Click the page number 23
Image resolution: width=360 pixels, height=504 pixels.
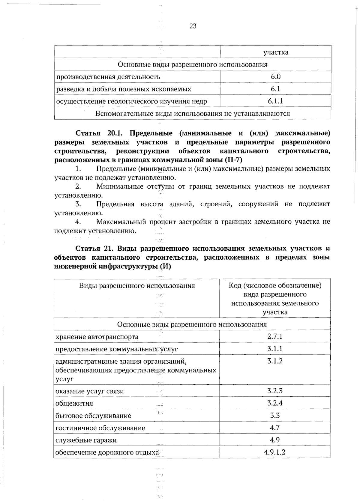(193, 26)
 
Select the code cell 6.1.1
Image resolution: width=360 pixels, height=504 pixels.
(275, 101)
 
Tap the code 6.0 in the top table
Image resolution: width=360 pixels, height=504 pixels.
(275, 76)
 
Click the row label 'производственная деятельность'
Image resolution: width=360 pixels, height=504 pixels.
(108, 77)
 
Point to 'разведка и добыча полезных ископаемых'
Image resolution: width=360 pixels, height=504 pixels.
(124, 89)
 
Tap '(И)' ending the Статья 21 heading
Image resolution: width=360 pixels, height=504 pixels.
(165, 266)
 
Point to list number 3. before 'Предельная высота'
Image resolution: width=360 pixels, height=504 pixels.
(78, 204)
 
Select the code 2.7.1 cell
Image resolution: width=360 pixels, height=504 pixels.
(275, 336)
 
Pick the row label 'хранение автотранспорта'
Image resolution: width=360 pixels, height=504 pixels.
(97, 337)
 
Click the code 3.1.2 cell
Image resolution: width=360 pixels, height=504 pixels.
(275, 361)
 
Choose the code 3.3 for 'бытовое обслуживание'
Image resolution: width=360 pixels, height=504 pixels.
(275, 416)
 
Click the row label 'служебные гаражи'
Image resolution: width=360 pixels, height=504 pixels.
(86, 440)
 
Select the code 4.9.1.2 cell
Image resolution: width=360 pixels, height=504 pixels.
(275, 452)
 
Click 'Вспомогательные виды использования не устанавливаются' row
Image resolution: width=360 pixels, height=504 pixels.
(193, 114)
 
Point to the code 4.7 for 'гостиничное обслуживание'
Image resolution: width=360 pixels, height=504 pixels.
(275, 428)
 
